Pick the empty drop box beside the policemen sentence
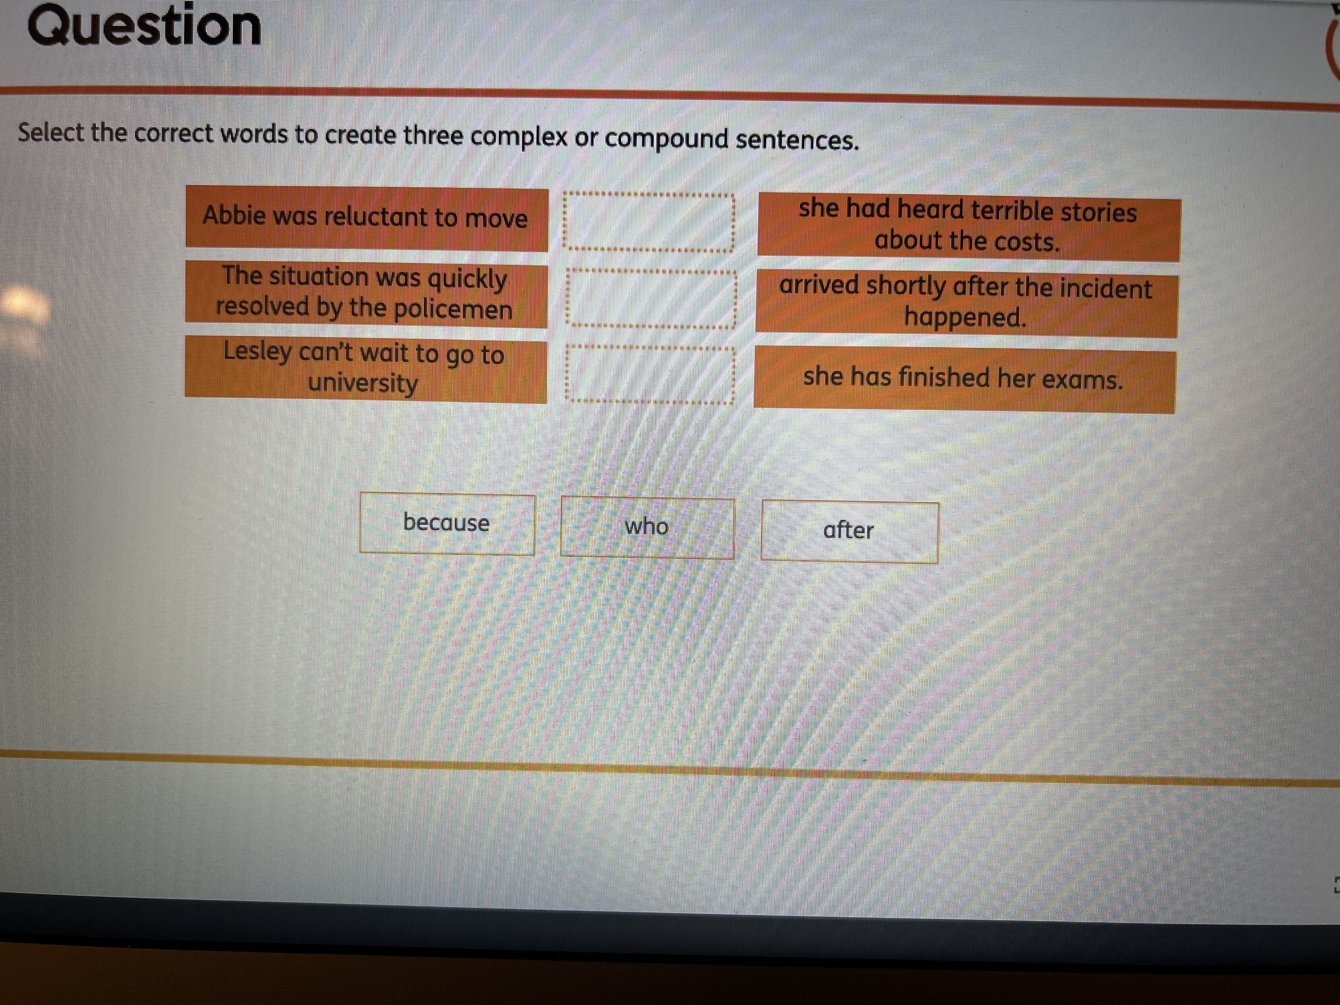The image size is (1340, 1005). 651,299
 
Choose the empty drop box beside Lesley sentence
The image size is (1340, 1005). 649,374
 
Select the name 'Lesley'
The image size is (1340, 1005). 258,351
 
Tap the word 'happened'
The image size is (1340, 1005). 964,317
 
